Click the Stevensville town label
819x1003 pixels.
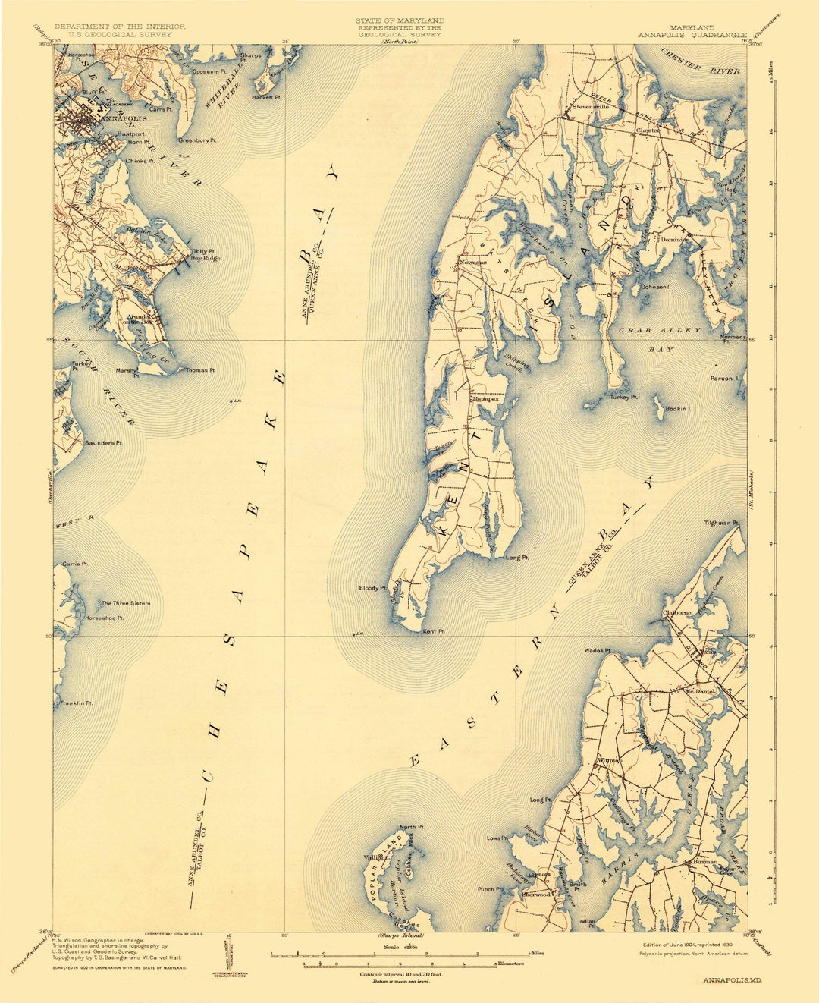[591, 107]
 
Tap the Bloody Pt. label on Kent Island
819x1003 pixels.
[373, 588]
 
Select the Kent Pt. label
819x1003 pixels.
[433, 631]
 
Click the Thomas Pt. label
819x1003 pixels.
[201, 370]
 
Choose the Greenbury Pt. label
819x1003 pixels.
[197, 140]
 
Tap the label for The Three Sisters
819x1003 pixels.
[126, 603]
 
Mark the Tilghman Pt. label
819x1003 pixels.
[721, 523]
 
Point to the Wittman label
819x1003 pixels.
[610, 760]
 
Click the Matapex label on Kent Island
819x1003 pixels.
[485, 399]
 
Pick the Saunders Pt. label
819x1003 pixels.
[103, 442]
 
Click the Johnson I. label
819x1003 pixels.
[657, 287]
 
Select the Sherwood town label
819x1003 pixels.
[535, 895]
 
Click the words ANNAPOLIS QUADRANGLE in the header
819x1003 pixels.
[692, 35]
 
